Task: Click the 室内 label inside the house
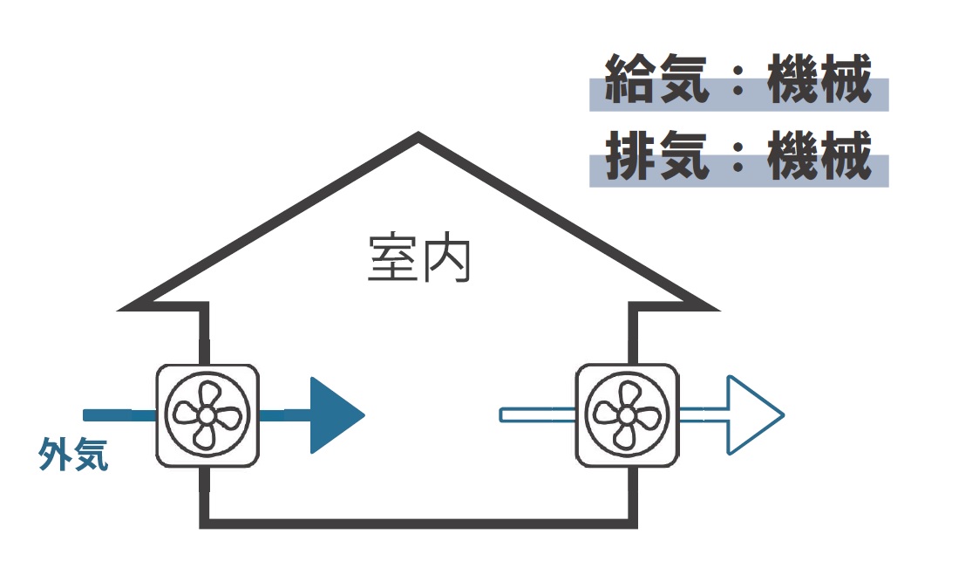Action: (419, 259)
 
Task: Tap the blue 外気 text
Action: (74, 454)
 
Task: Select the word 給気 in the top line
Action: (657, 79)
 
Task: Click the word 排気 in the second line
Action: (657, 155)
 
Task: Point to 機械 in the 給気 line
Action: (819, 79)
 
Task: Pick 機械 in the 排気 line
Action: (819, 155)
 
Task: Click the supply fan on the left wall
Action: (207, 415)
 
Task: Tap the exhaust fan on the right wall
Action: (627, 415)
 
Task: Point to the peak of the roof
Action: (418, 134)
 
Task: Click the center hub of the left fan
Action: (206, 415)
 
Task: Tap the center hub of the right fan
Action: (626, 415)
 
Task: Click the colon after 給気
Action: (738, 80)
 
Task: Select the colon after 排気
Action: (738, 157)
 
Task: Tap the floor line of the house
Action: (418, 524)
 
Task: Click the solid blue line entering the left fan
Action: (119, 415)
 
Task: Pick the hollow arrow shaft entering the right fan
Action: (538, 415)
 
